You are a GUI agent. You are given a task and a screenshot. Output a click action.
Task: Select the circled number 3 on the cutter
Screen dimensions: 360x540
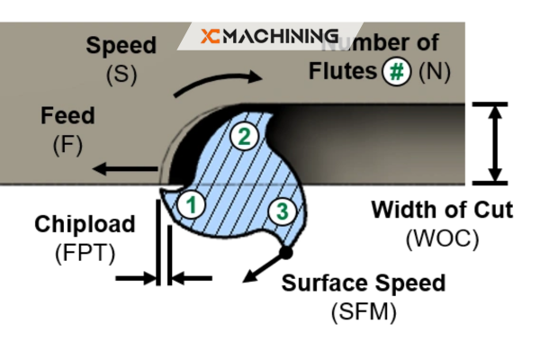click(282, 211)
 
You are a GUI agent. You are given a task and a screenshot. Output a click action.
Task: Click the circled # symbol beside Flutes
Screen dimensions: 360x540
click(395, 70)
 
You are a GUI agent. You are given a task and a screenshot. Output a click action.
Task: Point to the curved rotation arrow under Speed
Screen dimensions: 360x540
click(217, 84)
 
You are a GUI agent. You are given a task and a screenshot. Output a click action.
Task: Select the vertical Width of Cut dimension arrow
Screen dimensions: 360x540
click(494, 144)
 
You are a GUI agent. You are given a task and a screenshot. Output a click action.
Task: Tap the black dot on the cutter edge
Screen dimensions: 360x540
click(286, 248)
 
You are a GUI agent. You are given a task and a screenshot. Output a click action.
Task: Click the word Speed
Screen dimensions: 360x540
click(121, 45)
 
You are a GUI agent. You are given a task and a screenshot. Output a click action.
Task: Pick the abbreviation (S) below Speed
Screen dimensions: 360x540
click(121, 74)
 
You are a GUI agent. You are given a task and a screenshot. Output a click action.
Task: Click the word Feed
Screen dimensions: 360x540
click(67, 117)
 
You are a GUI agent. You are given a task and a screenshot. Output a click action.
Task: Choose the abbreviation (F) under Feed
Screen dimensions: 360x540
click(67, 144)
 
